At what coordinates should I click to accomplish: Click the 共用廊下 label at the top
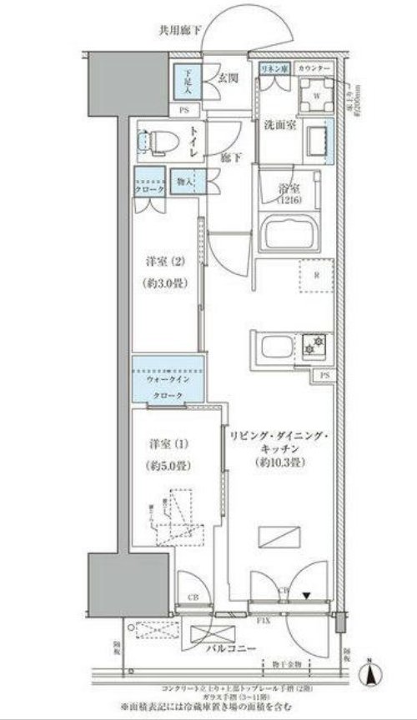pos(182,31)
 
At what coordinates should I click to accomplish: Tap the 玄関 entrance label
pos(230,78)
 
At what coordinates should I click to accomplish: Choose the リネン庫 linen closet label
pos(273,67)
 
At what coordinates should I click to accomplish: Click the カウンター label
pos(313,67)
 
